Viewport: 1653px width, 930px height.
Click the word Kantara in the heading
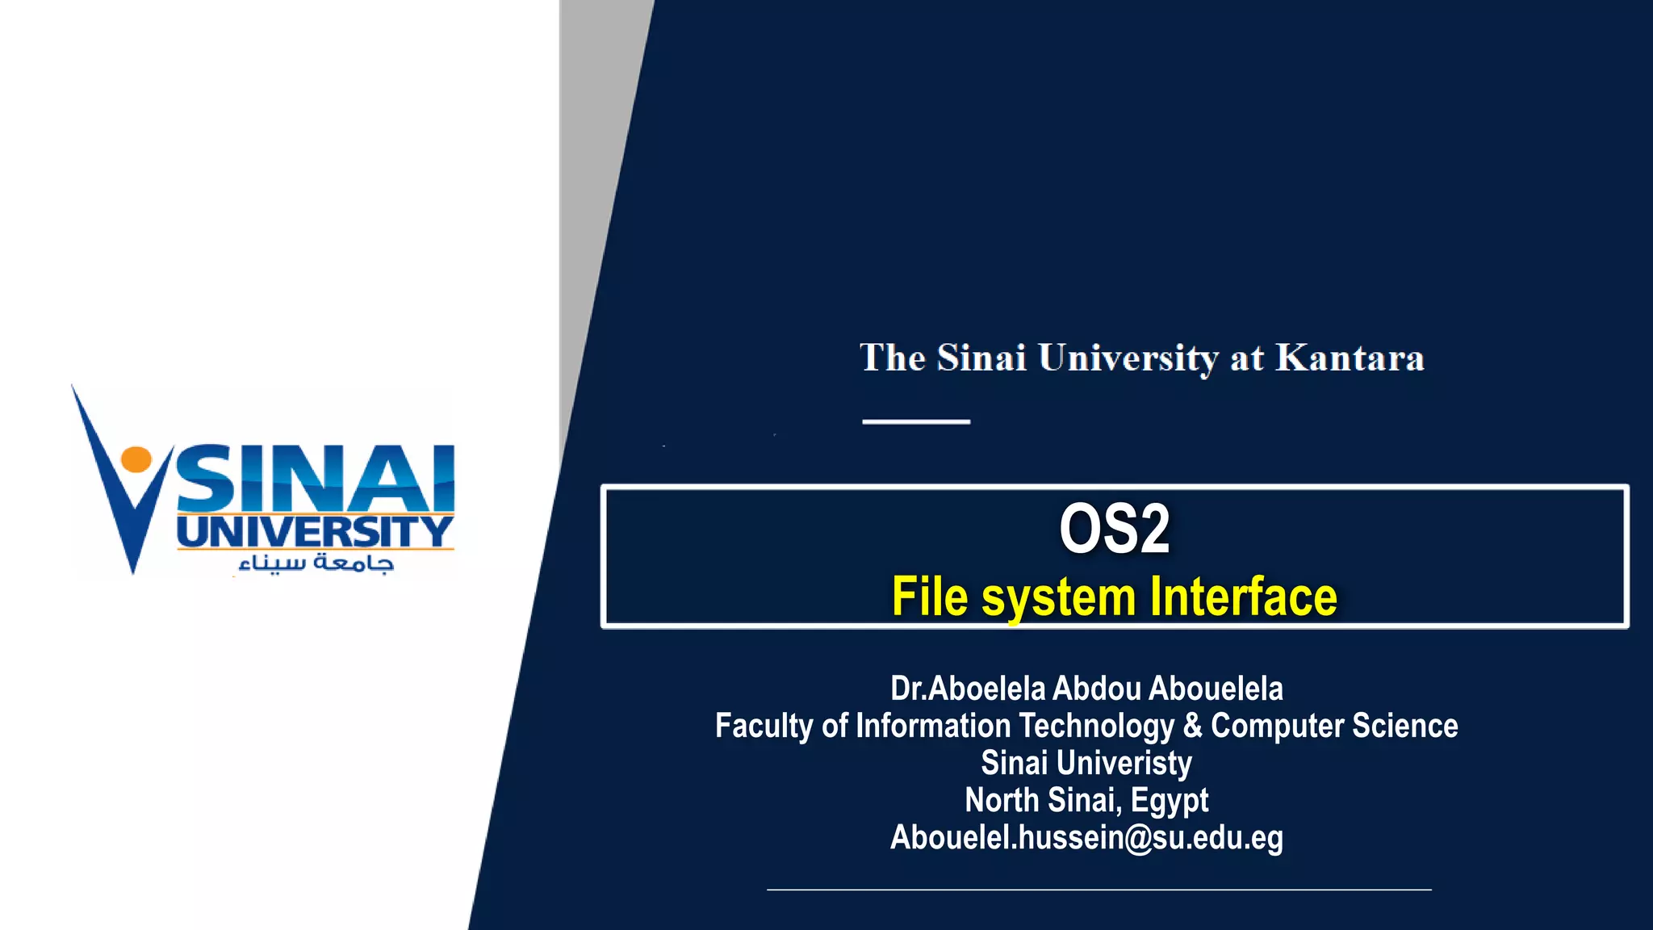[x=1350, y=358]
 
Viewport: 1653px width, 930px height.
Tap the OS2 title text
[x=1114, y=529]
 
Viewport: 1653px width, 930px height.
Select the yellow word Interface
[x=1244, y=597]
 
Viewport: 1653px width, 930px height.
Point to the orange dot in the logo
[x=136, y=459]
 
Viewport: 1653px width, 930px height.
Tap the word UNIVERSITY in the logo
[x=315, y=532]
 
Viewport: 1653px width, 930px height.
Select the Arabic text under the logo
[x=316, y=563]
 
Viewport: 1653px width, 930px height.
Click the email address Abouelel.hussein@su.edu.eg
[x=1086, y=838]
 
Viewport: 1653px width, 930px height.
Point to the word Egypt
[x=1170, y=801]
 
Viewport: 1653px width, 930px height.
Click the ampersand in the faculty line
[x=1192, y=726]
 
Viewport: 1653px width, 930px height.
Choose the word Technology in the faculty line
[x=1095, y=726]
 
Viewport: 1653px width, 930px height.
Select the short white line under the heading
[x=915, y=421]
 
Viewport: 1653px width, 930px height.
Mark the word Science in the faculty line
[x=1404, y=726]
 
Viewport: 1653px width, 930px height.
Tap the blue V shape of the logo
[x=121, y=501]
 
